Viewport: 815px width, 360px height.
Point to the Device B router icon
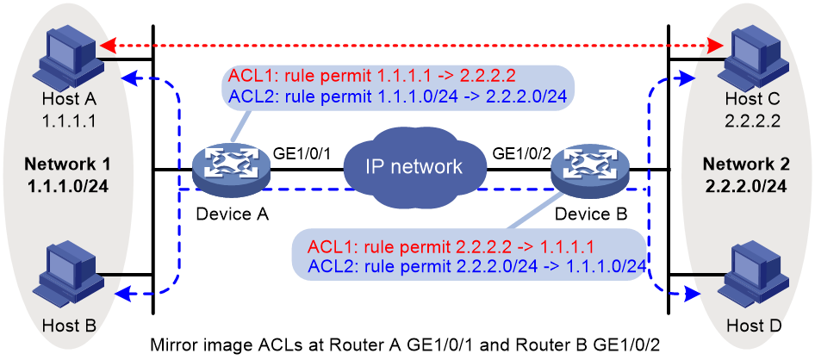pyautogui.click(x=590, y=170)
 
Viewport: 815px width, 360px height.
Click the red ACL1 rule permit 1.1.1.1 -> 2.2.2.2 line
pyautogui.click(x=371, y=77)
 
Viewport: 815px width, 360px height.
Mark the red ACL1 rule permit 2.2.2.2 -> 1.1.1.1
pyautogui.click(x=451, y=245)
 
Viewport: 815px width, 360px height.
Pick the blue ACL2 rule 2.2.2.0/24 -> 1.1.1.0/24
pyautogui.click(x=476, y=265)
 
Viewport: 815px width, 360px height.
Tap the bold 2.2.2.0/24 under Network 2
pyautogui.click(x=746, y=185)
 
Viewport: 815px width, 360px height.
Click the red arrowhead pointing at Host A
pyautogui.click(x=107, y=47)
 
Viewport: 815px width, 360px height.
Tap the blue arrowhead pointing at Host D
pyautogui.click(x=689, y=294)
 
